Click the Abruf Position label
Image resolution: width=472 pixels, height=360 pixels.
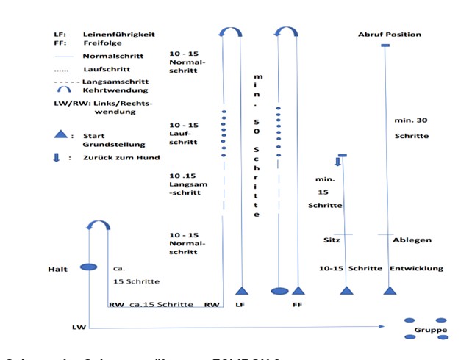390,35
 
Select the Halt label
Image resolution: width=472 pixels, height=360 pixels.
58,269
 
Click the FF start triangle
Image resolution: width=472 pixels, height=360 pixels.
298,289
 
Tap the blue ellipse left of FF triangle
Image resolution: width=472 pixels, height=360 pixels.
279,291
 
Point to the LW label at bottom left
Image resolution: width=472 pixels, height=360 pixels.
79,325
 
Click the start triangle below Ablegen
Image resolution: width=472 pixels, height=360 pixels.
389,290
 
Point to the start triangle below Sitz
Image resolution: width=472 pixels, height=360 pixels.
346,290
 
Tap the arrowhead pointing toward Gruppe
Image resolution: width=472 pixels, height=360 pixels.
384,325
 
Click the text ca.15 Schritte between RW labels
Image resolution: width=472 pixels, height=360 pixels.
161,304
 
